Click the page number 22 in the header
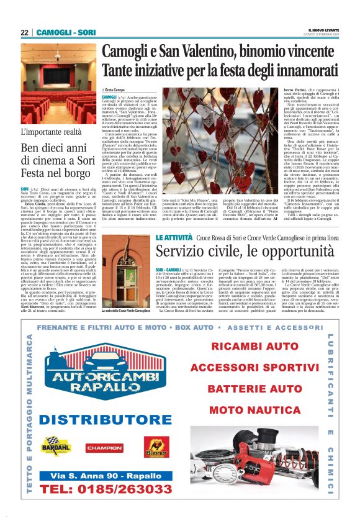point(24,32)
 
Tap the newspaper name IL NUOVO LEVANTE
point(323,30)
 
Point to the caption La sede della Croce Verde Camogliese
point(126,309)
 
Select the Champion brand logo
point(104,447)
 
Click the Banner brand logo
point(156,447)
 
